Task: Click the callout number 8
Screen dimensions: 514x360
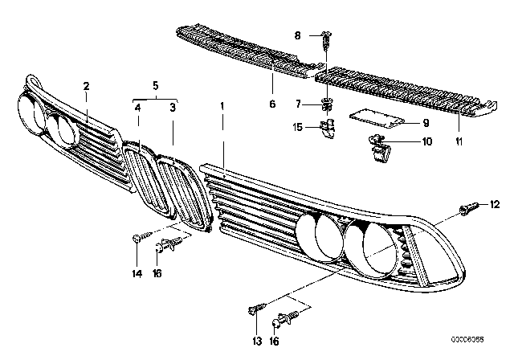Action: [x=297, y=35]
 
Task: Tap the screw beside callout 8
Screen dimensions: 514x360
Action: [x=326, y=39]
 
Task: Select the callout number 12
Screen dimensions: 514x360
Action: [x=495, y=204]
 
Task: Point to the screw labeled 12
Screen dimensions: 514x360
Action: [x=469, y=208]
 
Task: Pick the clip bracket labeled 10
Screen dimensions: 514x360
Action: [x=379, y=148]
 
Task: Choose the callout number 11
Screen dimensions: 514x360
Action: [x=459, y=141]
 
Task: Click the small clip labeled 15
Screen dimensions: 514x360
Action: [x=328, y=129]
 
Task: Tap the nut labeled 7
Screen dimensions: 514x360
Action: [x=326, y=104]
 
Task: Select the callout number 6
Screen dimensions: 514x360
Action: [x=272, y=104]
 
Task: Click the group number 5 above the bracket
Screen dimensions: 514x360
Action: [x=155, y=86]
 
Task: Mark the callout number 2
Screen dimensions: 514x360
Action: [x=86, y=87]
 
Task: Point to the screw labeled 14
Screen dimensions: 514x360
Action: [x=143, y=236]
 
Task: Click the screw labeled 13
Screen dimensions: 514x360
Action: [x=257, y=308]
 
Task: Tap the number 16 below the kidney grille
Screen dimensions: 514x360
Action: [x=157, y=272]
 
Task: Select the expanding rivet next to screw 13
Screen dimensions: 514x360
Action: [x=285, y=318]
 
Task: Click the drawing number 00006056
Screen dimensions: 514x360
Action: [x=467, y=339]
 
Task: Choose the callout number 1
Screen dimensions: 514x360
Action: [x=222, y=106]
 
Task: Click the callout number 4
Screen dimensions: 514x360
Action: [x=137, y=108]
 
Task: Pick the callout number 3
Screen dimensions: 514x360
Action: [x=173, y=108]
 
